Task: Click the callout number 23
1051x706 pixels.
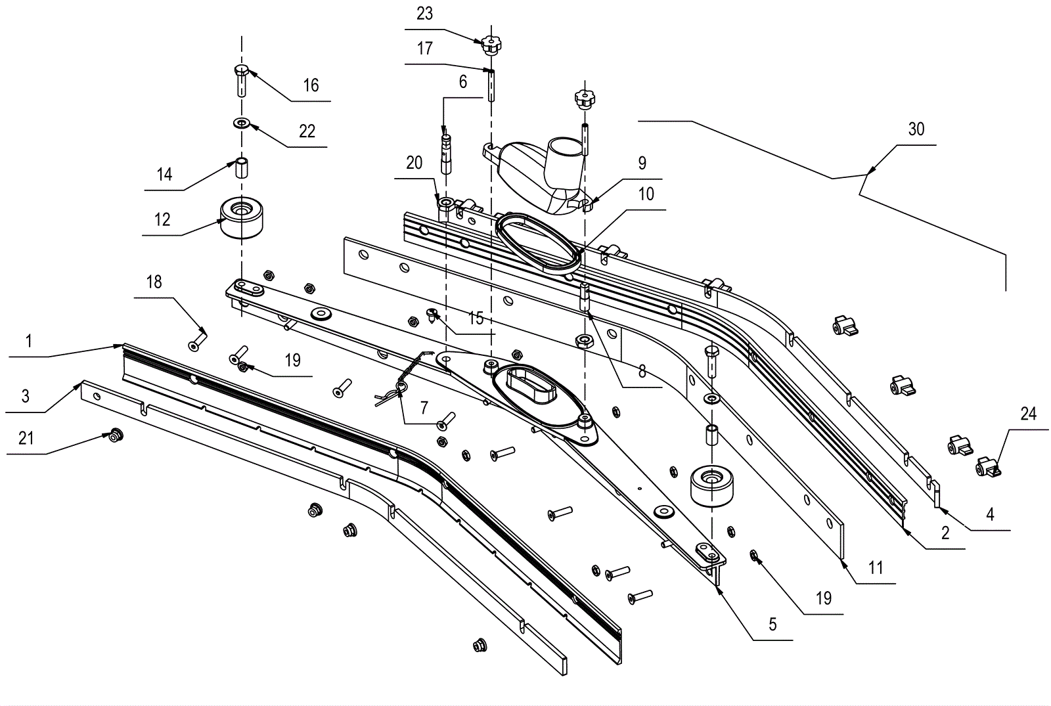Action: (424, 14)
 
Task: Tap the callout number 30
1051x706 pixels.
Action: (916, 129)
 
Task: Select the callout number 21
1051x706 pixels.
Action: (26, 438)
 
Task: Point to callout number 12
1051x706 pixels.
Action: (162, 219)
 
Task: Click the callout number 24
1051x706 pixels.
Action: (1029, 413)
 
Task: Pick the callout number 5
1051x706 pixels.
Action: (772, 624)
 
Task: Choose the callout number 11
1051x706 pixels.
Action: (876, 567)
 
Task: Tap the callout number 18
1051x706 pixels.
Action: (154, 282)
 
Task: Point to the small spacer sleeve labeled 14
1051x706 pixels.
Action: (241, 168)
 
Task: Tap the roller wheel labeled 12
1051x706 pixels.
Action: (241, 217)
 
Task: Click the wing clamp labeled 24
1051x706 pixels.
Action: (988, 468)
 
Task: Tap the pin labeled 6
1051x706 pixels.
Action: (445, 152)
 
